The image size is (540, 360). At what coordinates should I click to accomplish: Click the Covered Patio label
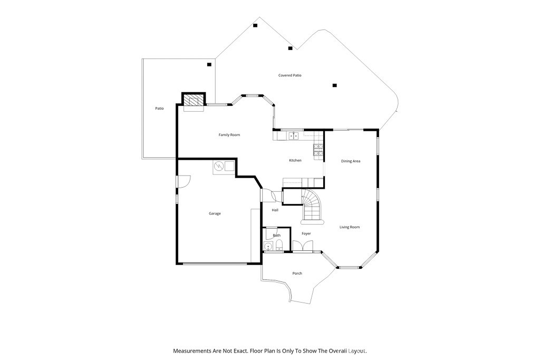coord(290,75)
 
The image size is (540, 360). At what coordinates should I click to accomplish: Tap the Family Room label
coord(229,135)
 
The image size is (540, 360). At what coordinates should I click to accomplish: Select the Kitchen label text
coord(295,160)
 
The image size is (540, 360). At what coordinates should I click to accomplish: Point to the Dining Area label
coord(351,161)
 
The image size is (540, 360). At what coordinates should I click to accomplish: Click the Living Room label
coord(350,227)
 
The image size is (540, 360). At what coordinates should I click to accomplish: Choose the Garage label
coord(215,213)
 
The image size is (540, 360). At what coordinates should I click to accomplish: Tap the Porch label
coord(297,273)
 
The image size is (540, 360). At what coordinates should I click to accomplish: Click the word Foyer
coord(306,233)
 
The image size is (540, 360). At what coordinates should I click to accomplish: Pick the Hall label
coord(275,210)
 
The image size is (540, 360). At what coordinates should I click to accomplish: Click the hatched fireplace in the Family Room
coord(194,100)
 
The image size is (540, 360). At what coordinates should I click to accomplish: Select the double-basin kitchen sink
coord(293,136)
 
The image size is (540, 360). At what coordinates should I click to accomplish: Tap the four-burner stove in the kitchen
coord(318,150)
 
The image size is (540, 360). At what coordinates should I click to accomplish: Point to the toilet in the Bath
coord(279,246)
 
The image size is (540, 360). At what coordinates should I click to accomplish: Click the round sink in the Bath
coord(268,246)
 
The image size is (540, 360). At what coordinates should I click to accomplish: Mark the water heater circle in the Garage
coord(219,167)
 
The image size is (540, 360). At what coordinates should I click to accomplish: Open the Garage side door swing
coord(183,181)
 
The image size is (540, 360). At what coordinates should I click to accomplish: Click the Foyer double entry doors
coord(303,246)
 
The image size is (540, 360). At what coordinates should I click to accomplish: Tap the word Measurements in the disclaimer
coord(192,351)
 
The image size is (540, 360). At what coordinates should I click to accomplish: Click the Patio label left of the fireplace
coord(159,109)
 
